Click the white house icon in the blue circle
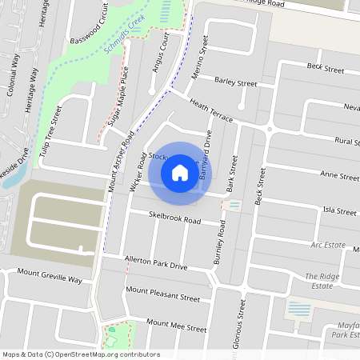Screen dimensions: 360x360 pyautogui.click(x=180, y=172)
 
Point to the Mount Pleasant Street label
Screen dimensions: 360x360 pyautogui.click(x=162, y=294)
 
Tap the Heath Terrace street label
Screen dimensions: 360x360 pyautogui.click(x=210, y=112)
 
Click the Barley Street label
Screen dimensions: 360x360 pyautogui.click(x=236, y=82)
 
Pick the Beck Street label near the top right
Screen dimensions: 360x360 pyautogui.click(x=326, y=67)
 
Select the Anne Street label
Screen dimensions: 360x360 pyautogui.click(x=338, y=174)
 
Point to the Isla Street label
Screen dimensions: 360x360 pyautogui.click(x=339, y=211)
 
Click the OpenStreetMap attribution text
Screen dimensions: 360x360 pyautogui.click(x=80, y=354)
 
